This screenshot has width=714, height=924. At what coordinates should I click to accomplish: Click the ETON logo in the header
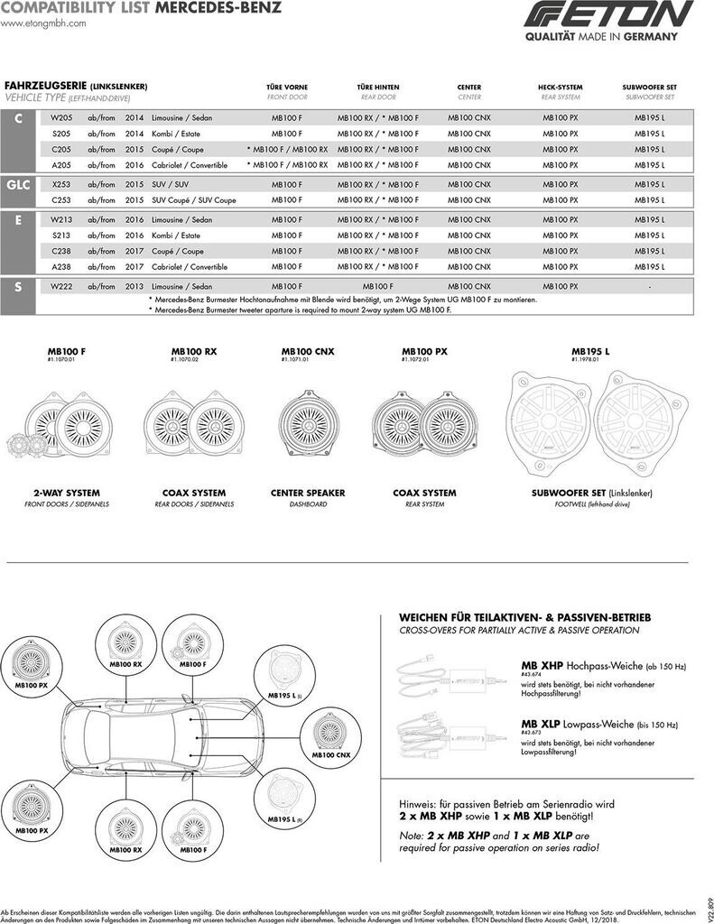point(609,15)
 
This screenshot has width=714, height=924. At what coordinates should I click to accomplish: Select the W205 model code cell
point(61,118)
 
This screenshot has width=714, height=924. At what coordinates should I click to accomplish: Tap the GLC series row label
point(19,184)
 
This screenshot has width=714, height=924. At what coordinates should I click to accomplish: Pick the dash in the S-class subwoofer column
point(649,286)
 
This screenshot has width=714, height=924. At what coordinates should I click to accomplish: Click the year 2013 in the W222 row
point(134,286)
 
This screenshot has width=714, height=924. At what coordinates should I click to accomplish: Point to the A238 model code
point(61,267)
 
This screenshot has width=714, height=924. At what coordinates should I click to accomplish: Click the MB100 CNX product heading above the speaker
point(307,351)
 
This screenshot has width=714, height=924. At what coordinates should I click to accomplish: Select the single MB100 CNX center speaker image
point(308,425)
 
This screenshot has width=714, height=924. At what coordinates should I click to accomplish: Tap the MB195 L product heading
point(590,351)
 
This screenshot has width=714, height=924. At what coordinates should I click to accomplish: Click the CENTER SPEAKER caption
point(308,494)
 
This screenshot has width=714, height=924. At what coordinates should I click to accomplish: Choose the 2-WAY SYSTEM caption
point(67,494)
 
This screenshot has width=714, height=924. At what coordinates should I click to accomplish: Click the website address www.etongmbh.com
point(43,23)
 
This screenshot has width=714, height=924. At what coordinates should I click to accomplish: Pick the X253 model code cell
point(61,184)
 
